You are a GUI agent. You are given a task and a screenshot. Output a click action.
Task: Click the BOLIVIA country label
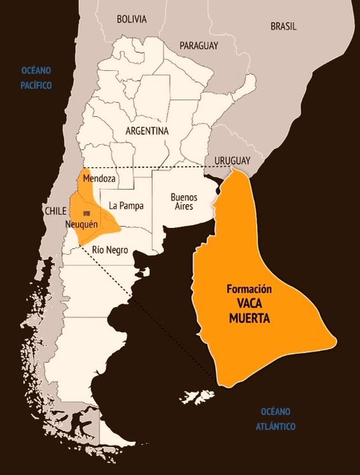[132, 19]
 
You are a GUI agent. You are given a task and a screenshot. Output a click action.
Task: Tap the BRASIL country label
[283, 27]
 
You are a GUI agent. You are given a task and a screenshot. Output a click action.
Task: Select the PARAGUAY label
[199, 45]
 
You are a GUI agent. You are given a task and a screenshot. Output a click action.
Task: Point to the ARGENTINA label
[147, 131]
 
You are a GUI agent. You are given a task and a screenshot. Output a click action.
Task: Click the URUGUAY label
[232, 161]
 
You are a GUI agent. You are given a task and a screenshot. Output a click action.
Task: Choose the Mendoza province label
[99, 179]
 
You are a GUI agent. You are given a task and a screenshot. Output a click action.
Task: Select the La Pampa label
[126, 206]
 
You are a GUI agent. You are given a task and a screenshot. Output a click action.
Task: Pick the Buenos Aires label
[184, 202]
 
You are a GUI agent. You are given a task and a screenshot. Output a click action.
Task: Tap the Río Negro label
[110, 250]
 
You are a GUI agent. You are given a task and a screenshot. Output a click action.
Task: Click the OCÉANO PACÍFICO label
[36, 78]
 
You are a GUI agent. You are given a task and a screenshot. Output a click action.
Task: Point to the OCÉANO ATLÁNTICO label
[276, 419]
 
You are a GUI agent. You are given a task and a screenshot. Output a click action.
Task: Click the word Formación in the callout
[249, 289]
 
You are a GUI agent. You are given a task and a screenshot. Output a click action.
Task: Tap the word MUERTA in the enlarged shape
[249, 319]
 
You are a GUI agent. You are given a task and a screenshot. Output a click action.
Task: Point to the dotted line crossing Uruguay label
[189, 168]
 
